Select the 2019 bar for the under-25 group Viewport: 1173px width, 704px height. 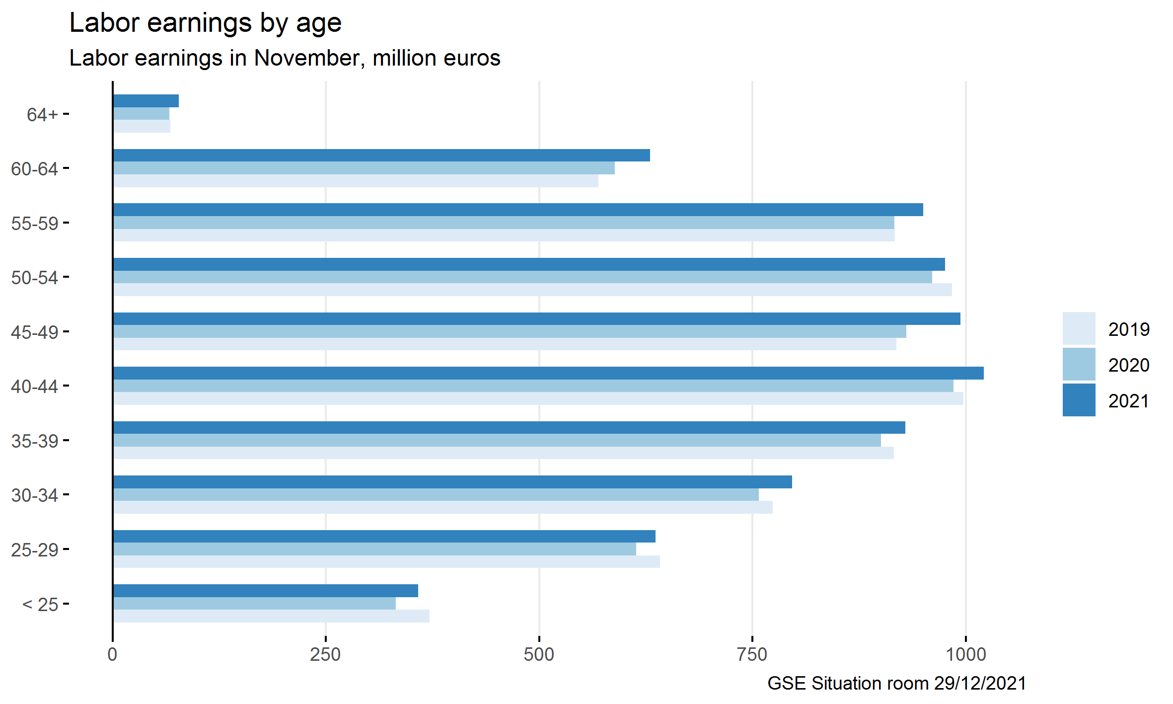(271, 616)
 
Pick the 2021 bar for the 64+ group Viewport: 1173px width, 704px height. (146, 101)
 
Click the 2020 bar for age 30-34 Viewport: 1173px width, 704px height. (436, 495)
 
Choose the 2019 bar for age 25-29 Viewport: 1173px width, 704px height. (386, 562)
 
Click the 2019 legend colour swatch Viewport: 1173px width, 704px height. (1079, 328)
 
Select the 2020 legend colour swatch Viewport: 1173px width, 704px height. (1079, 364)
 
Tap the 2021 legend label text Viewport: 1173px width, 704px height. (1128, 401)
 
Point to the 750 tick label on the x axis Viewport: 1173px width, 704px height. (752, 654)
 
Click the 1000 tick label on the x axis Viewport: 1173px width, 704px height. (965, 654)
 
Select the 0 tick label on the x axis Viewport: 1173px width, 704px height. (113, 654)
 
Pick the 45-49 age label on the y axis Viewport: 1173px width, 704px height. (34, 332)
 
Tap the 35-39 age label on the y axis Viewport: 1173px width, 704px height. (34, 441)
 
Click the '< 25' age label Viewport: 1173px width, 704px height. (40, 604)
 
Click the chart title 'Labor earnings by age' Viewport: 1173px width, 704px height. (205, 23)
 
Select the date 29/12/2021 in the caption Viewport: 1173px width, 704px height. (979, 683)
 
